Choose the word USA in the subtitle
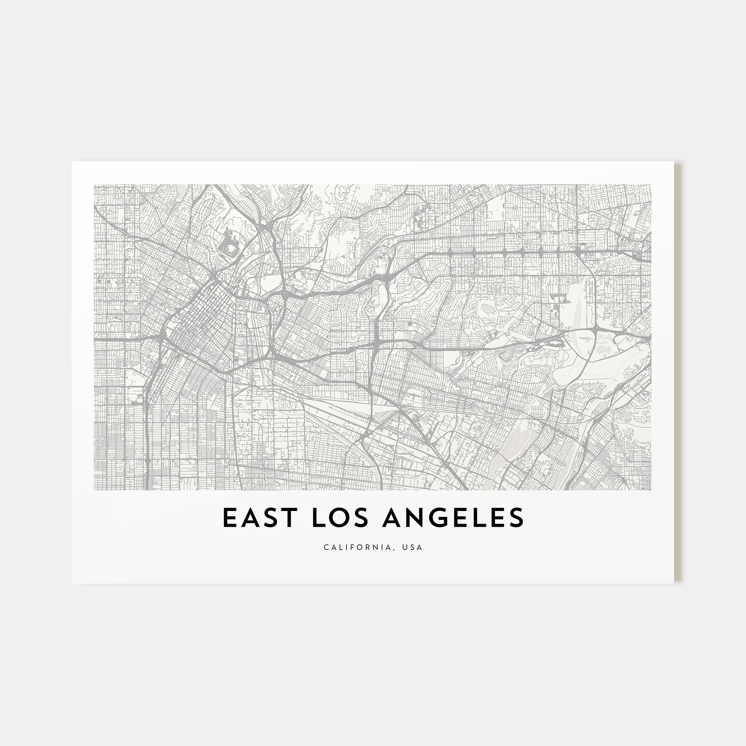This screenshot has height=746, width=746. [413, 548]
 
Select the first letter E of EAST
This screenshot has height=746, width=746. [229, 518]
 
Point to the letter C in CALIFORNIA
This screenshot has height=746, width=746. [326, 548]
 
